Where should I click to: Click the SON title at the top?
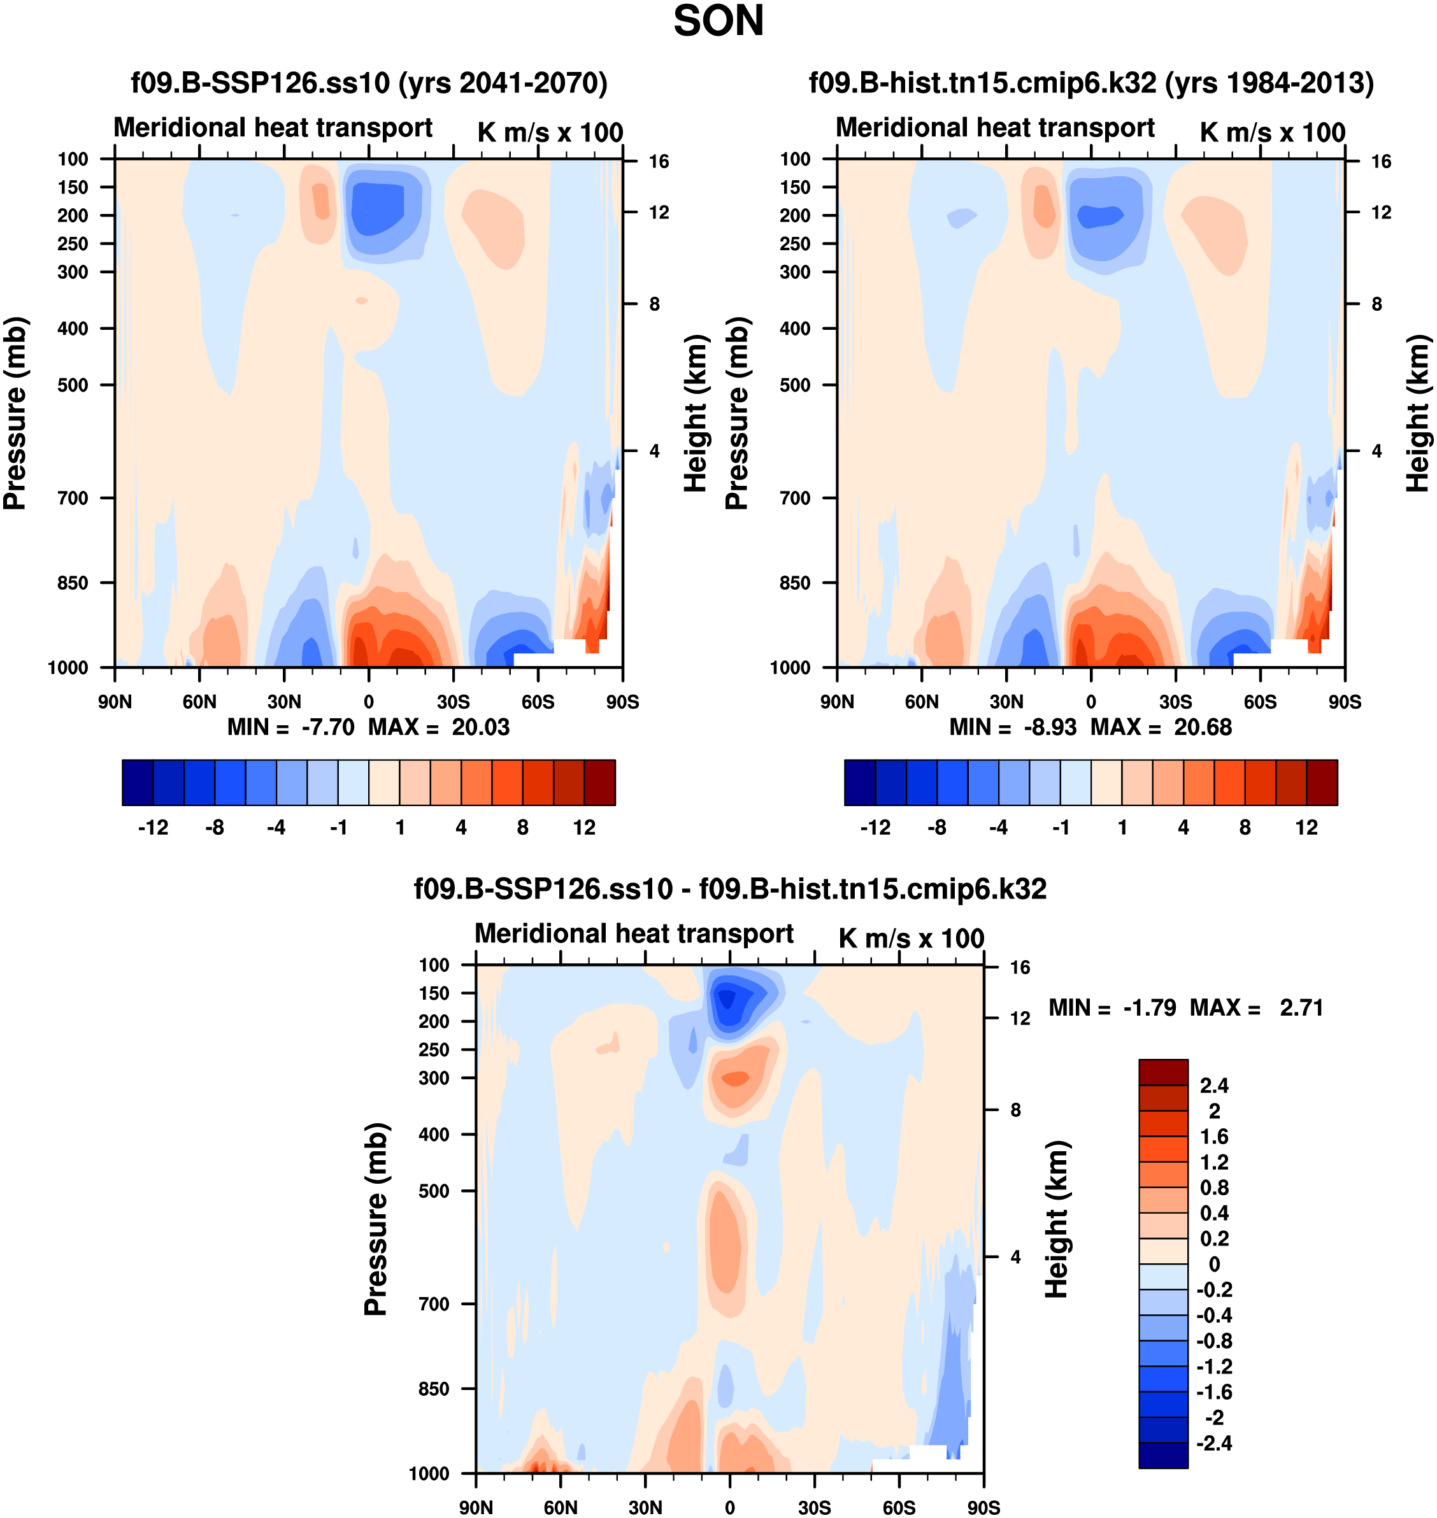[x=718, y=22]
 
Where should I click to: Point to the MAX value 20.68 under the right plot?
[x=1203, y=727]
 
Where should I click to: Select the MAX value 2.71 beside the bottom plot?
[x=1301, y=1008]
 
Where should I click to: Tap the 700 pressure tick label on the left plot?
[x=73, y=498]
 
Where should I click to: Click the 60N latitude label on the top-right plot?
[x=922, y=702]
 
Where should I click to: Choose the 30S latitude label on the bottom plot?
[x=814, y=1508]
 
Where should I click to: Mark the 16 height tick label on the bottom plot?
[x=1020, y=967]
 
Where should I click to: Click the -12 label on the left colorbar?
[x=154, y=828]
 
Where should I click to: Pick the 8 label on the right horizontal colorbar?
[x=1245, y=828]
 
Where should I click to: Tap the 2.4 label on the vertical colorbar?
[x=1214, y=1085]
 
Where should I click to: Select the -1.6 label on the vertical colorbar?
[x=1214, y=1392]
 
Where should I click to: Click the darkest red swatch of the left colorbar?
[x=600, y=783]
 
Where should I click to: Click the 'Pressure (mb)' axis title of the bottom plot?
[x=375, y=1219]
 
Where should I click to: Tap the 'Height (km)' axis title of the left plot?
[x=694, y=414]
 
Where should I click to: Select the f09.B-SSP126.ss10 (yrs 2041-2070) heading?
[x=369, y=83]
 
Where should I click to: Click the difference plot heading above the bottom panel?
[x=730, y=889]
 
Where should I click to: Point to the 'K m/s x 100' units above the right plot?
[x=1272, y=132]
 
